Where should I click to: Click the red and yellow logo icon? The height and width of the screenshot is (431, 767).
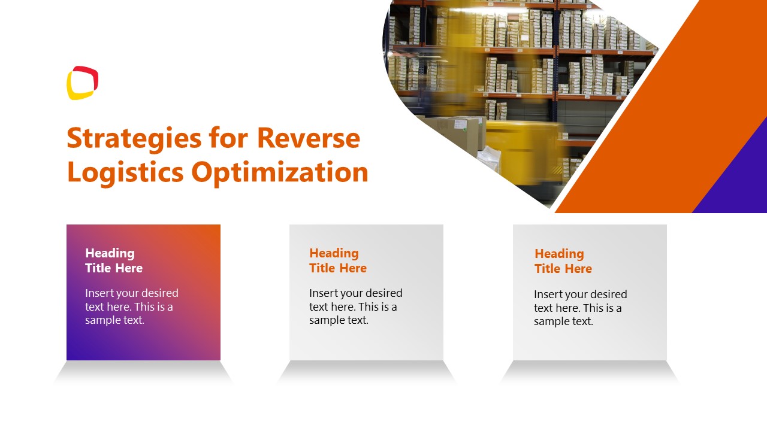[82, 83]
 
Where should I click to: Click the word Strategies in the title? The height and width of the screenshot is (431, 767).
[134, 139]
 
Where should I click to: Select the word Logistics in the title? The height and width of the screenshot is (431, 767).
[125, 172]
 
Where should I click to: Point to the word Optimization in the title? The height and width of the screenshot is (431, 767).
[280, 172]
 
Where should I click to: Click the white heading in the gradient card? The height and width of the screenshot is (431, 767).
[114, 260]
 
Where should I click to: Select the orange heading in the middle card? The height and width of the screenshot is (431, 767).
[337, 260]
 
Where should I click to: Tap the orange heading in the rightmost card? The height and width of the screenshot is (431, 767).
[563, 261]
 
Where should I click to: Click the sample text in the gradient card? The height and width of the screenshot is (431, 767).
[132, 306]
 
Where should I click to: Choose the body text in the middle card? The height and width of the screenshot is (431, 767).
[355, 306]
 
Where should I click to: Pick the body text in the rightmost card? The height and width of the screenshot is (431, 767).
[580, 308]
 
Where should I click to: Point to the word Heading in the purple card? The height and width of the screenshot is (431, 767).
[110, 253]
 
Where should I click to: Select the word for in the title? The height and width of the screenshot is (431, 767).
[228, 138]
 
